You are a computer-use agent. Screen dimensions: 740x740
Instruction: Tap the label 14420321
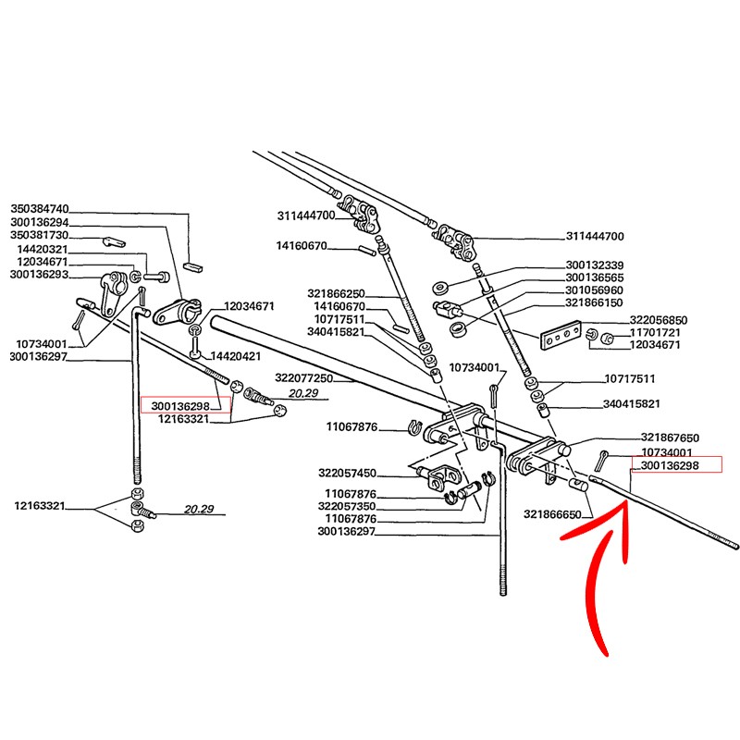(x=43, y=250)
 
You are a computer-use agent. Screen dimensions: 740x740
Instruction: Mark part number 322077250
(x=303, y=378)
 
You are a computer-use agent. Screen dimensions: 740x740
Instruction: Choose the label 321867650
(x=672, y=438)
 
